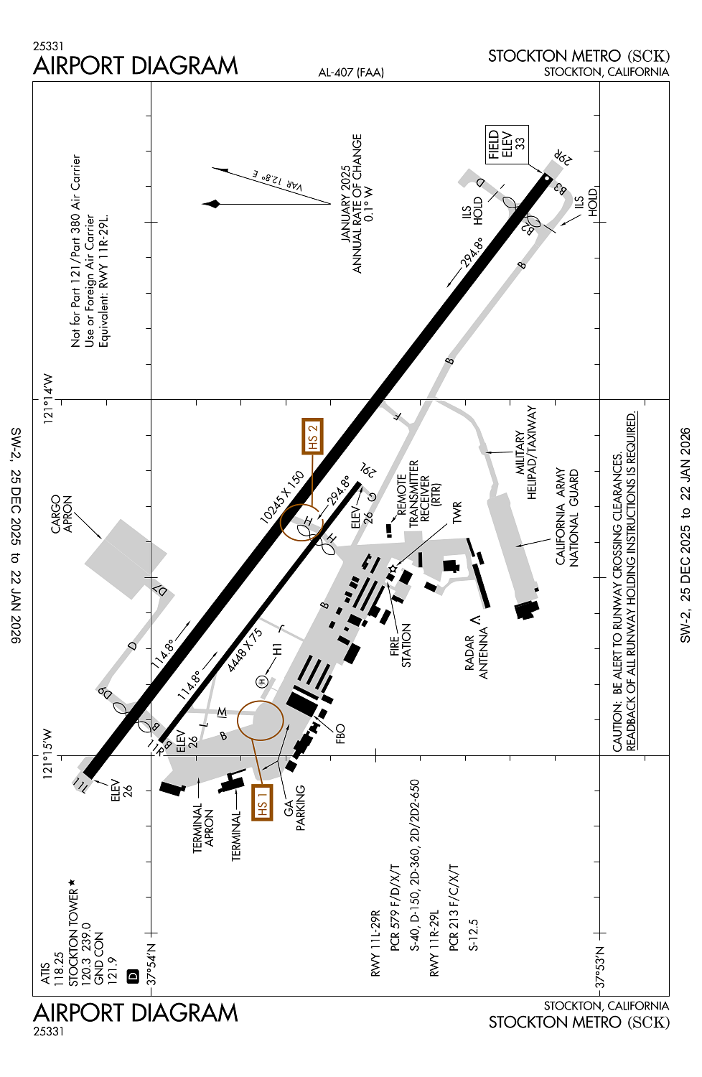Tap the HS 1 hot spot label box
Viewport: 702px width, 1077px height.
(x=262, y=802)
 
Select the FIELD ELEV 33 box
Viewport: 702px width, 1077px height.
(x=507, y=144)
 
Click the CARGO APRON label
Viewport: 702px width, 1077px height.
(x=62, y=514)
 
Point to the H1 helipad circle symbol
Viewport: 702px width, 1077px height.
(x=263, y=681)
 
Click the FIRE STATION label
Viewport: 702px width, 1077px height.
(x=401, y=645)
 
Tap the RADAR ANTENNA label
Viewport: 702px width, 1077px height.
(x=477, y=653)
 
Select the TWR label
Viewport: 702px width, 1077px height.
(x=457, y=513)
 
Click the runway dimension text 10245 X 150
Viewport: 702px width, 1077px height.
(x=282, y=496)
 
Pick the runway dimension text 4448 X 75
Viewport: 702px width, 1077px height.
(x=245, y=651)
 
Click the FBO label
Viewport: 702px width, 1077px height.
(x=340, y=733)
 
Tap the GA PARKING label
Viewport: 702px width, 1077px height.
(x=294, y=808)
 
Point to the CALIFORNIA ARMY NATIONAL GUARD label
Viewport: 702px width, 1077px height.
(x=567, y=518)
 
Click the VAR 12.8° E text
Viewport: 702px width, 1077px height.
(x=277, y=180)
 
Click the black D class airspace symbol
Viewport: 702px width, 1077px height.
(x=132, y=976)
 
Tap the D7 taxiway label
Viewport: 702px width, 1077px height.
(x=163, y=591)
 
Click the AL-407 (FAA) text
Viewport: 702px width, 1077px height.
(x=351, y=73)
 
